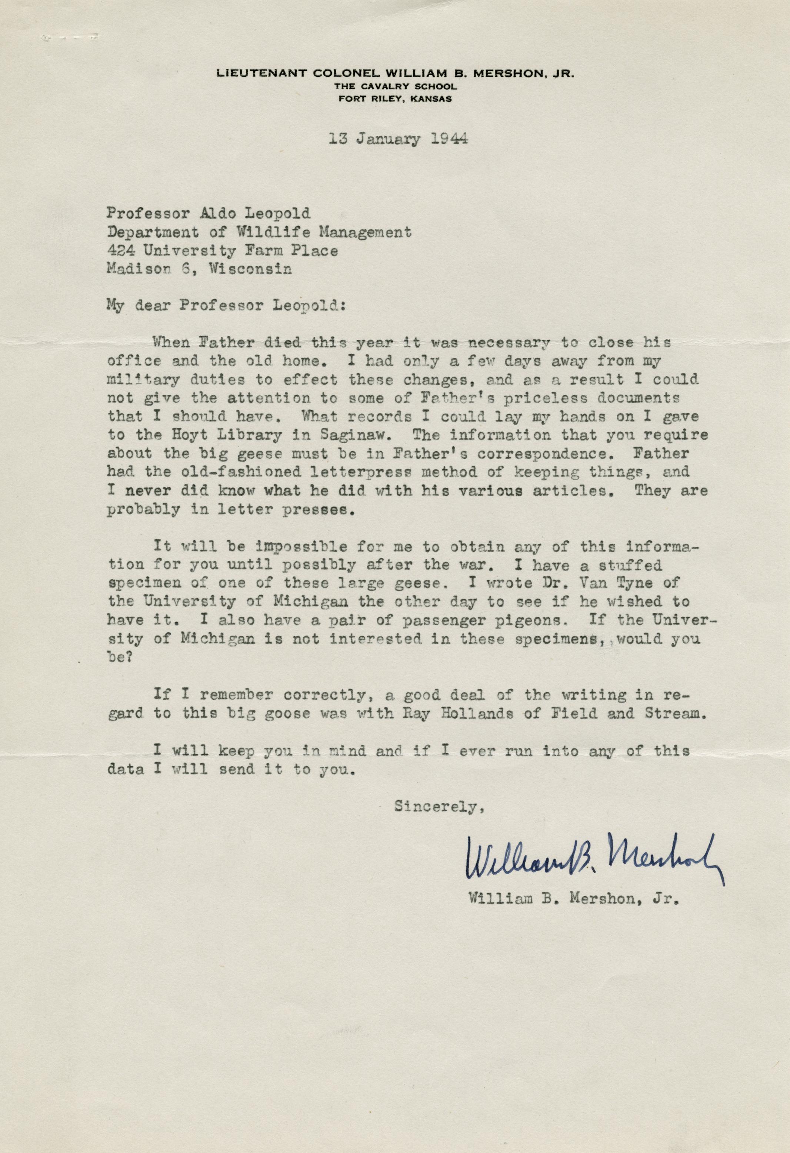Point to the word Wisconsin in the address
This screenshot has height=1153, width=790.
click(x=250, y=269)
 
